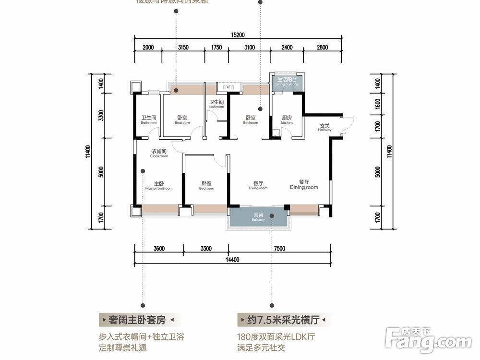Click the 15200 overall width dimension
click(238, 35)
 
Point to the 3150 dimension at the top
click(183, 47)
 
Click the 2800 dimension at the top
click(322, 47)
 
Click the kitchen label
click(287, 120)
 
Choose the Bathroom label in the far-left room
click(149, 120)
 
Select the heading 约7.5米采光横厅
click(284, 319)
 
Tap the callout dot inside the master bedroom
click(143, 170)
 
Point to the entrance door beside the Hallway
click(348, 126)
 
